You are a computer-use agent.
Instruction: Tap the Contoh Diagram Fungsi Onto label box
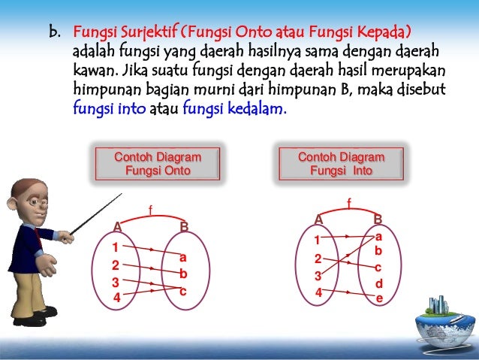coord(158,164)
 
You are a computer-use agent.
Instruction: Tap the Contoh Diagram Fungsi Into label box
coord(341,164)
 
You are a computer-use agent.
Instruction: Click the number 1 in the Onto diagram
coord(115,247)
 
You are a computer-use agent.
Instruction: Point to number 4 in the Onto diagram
coord(117,298)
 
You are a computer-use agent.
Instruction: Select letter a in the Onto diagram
coord(182,257)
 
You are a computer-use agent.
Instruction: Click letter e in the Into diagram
coord(379,298)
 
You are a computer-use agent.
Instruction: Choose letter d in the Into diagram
coord(379,283)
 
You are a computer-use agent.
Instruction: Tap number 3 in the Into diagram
coord(318,275)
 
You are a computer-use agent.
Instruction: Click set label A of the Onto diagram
coord(117,226)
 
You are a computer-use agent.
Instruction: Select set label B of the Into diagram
coord(378,219)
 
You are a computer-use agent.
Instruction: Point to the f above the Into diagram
coord(348,201)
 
